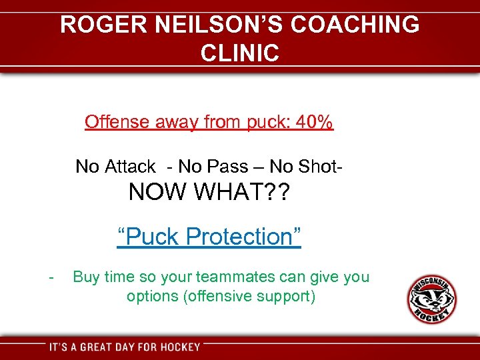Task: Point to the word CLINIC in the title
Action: (240, 53)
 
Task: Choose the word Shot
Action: (319, 166)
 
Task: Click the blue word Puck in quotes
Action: (149, 237)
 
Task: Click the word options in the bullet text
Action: (152, 296)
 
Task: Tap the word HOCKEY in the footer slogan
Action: (177, 347)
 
